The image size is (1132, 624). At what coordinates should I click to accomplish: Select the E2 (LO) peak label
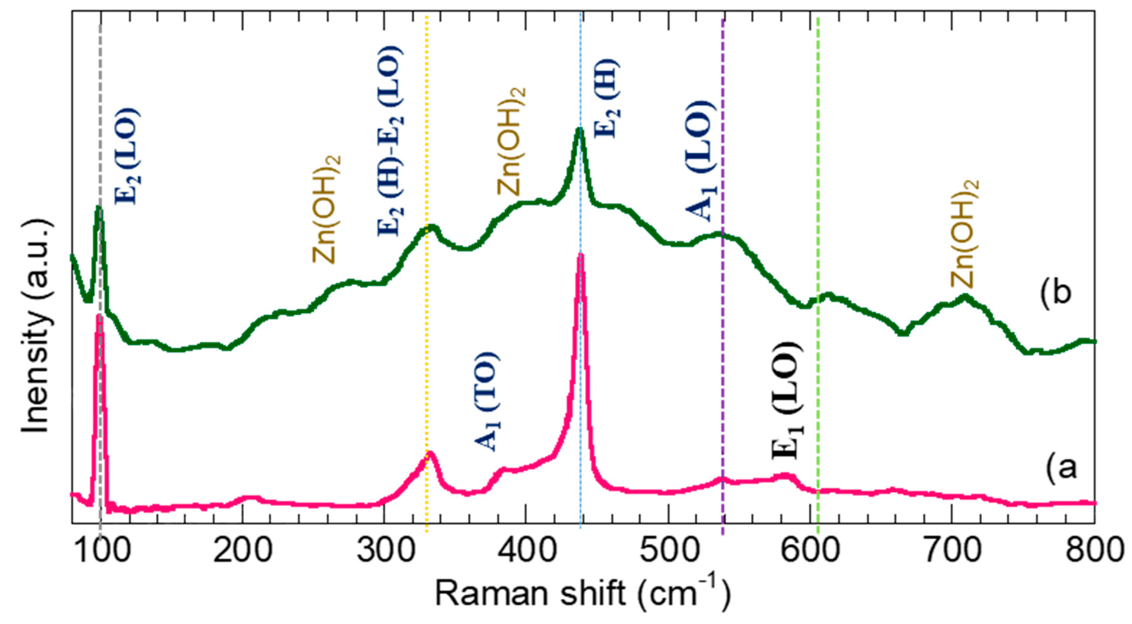(127, 156)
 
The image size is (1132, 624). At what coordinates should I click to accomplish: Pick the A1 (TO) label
(487, 402)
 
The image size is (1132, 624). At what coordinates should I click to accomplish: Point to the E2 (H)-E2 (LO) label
(388, 141)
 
